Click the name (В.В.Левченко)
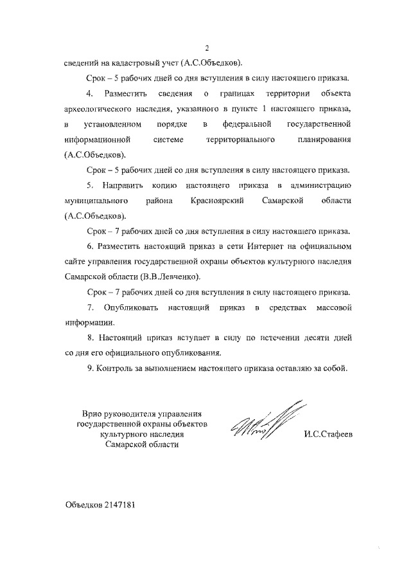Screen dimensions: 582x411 (x=168, y=277)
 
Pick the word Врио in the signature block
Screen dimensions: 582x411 (x=94, y=413)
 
